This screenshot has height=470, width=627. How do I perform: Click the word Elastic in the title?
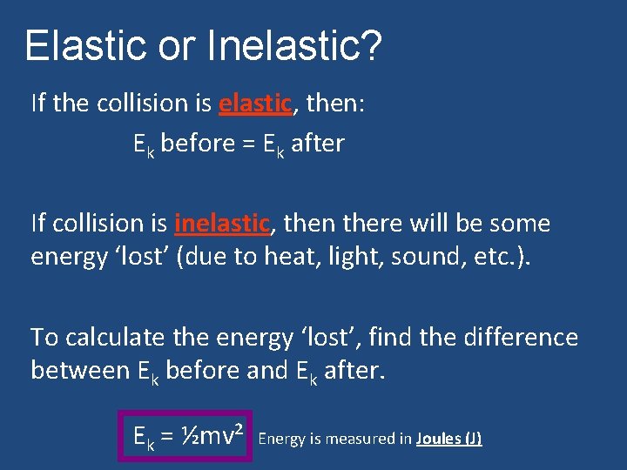pos(81,45)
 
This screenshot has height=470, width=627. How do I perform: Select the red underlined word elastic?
pos(254,104)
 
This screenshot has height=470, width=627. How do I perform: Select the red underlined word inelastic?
pos(222,224)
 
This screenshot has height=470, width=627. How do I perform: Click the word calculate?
pos(118,337)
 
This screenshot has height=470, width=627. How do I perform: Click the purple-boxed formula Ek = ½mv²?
pos(185,435)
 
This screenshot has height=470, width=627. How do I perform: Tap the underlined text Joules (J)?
pos(448,439)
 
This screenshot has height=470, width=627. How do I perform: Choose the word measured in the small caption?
pos(359,439)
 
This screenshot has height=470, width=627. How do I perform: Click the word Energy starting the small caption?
pos(282,439)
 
